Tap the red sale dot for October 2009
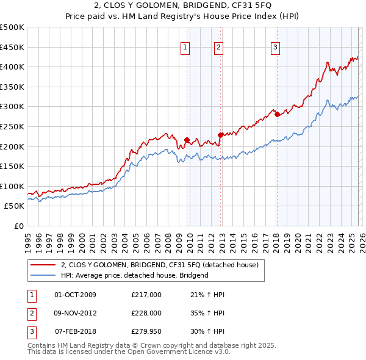pos(187,140)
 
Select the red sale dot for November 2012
pos(220,135)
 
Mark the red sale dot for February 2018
pos(277,114)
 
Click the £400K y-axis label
pos(12,67)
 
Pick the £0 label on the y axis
pos(18,226)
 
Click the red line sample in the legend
pos(43,265)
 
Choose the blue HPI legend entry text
pos(134,275)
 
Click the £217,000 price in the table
pos(146,295)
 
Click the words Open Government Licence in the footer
pos(171,352)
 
